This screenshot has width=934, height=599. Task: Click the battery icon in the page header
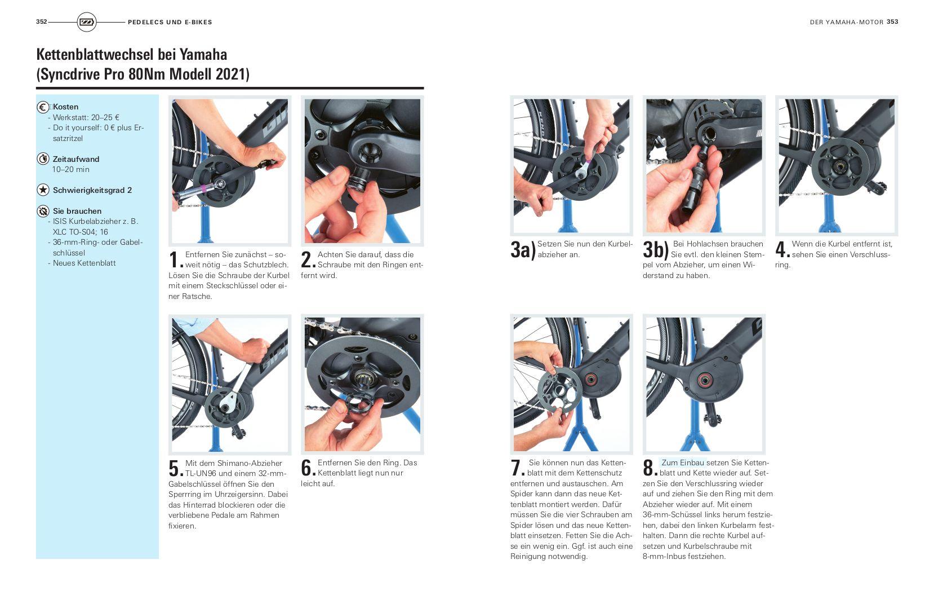pyautogui.click(x=87, y=22)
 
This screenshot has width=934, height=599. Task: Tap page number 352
pyautogui.click(x=41, y=21)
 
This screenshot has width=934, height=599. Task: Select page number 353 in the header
pyautogui.click(x=892, y=21)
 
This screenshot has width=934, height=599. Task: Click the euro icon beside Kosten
pyautogui.click(x=43, y=107)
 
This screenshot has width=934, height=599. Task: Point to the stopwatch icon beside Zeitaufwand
pyautogui.click(x=43, y=158)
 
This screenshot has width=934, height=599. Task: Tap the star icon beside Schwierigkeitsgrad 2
pyautogui.click(x=43, y=190)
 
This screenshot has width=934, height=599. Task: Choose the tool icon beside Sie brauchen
pyautogui.click(x=43, y=211)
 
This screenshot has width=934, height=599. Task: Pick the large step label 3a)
pyautogui.click(x=523, y=250)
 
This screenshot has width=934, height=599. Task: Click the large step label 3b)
pyautogui.click(x=656, y=250)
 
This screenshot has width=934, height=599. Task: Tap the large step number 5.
pyautogui.click(x=176, y=468)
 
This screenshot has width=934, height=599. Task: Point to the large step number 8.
pyautogui.click(x=650, y=468)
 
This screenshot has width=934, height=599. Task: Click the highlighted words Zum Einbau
pyautogui.click(x=683, y=463)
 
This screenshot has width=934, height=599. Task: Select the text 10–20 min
pyautogui.click(x=71, y=169)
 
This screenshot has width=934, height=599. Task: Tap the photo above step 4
pyautogui.click(x=837, y=166)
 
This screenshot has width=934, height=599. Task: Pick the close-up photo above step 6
pyautogui.click(x=362, y=384)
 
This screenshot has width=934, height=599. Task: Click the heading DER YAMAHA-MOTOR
pyautogui.click(x=847, y=22)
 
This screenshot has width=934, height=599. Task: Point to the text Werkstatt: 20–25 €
pyautogui.click(x=86, y=118)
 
